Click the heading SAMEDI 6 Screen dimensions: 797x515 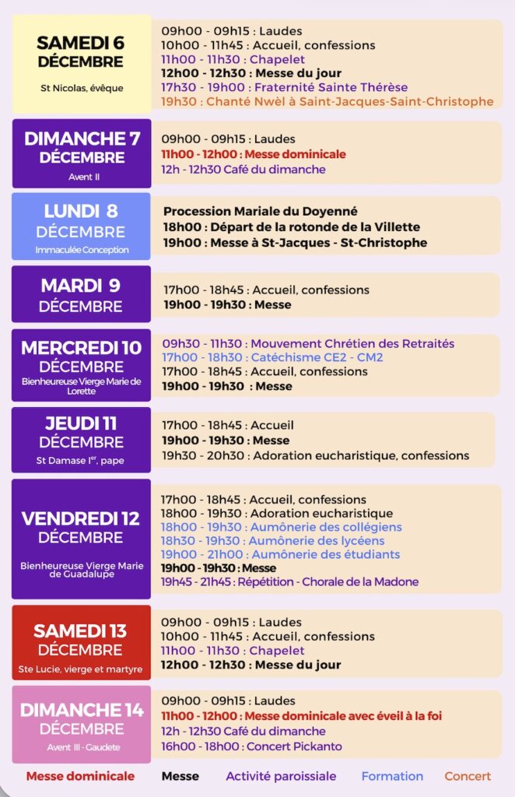point(81,42)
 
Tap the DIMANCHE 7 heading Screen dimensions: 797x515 point(82,139)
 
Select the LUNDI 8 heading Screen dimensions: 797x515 point(81,211)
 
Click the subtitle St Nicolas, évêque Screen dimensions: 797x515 point(82,88)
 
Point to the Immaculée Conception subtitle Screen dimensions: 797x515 point(82,250)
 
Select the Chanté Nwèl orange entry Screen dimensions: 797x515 point(327,101)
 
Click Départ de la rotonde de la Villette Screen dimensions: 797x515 point(291,226)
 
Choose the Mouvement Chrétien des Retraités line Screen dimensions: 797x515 point(308,343)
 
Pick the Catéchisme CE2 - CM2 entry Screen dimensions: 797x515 point(272,357)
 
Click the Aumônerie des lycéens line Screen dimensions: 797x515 point(272,540)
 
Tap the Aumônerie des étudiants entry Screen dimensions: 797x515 point(280,554)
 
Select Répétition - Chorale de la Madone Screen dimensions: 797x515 point(289,581)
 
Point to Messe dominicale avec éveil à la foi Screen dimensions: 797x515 point(301,715)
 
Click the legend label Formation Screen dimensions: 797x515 point(392,776)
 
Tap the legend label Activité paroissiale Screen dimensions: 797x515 point(281,776)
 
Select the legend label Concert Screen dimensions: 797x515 point(468,776)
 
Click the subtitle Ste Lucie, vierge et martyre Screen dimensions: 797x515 point(81,669)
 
